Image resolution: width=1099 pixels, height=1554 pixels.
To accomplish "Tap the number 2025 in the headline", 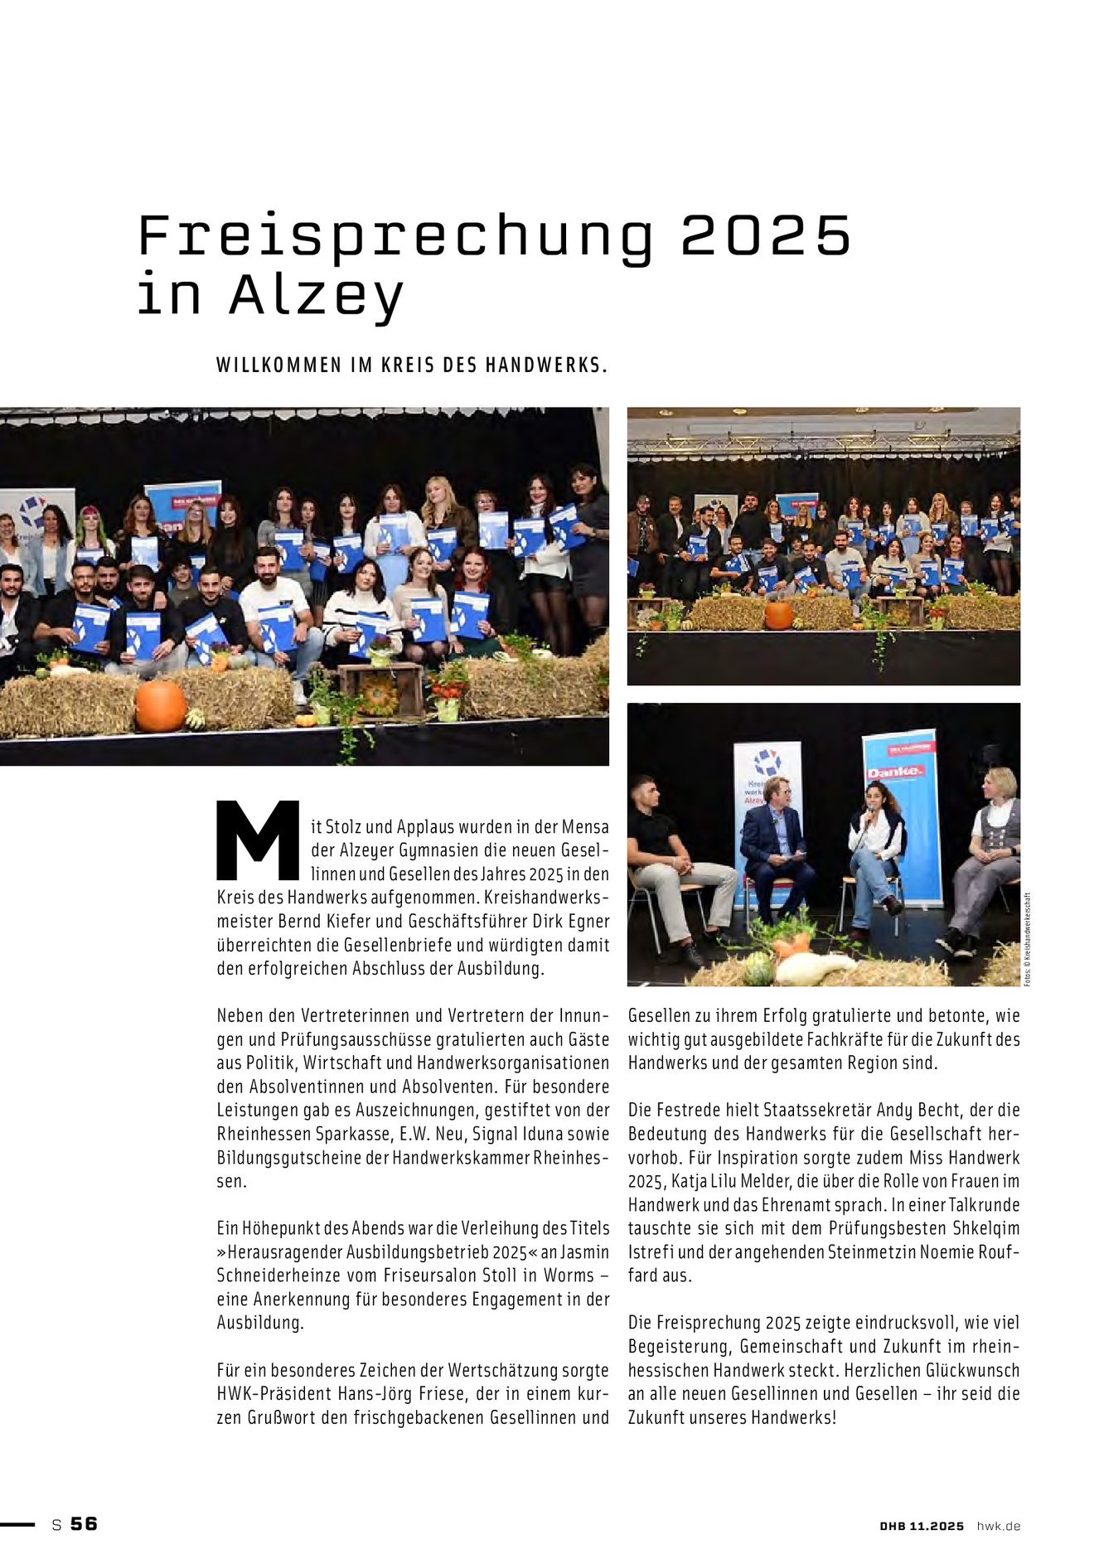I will pyautogui.click(x=766, y=235).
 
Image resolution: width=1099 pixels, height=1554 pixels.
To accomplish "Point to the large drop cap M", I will pyautogui.click(x=258, y=840).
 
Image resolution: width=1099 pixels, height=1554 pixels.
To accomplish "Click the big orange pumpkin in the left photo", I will pyautogui.click(x=161, y=705).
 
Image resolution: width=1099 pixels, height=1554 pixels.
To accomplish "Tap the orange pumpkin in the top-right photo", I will pyautogui.click(x=778, y=616).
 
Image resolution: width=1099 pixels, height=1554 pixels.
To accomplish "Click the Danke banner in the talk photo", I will pyautogui.click(x=895, y=771).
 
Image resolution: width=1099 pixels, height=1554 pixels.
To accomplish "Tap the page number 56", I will pyautogui.click(x=84, y=1523).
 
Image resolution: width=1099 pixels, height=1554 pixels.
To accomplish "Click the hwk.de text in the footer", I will pyautogui.click(x=998, y=1526).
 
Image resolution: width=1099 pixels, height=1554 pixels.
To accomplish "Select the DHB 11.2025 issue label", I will pyautogui.click(x=922, y=1526).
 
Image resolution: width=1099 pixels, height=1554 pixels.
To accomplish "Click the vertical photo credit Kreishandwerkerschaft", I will pyautogui.click(x=1027, y=940).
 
